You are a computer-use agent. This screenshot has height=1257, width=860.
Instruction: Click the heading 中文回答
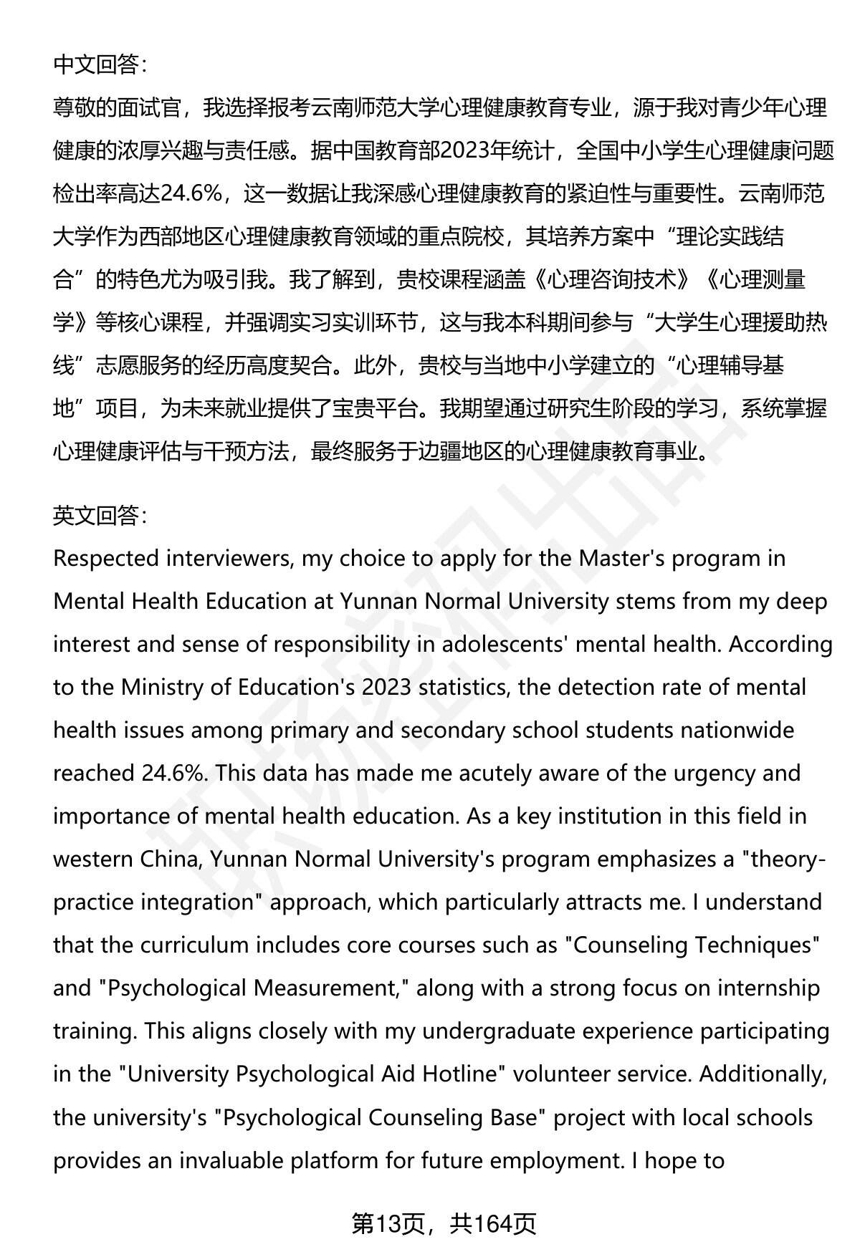(100, 65)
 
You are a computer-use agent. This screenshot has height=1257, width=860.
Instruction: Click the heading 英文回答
(100, 515)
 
